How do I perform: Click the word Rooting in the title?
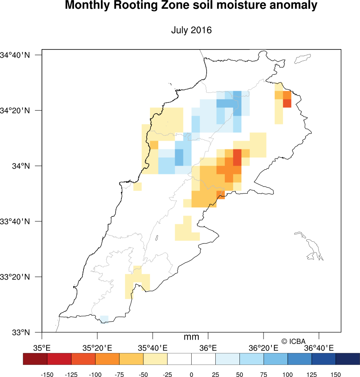[x=141, y=6]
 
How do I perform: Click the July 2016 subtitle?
[x=191, y=30]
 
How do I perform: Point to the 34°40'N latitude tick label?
[x=15, y=55]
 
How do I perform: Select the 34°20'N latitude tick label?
[x=15, y=111]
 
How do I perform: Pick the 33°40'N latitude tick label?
[x=15, y=221]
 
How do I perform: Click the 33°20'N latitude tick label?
[x=15, y=277]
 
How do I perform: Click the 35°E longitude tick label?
[x=42, y=347]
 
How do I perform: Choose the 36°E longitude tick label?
[x=208, y=347]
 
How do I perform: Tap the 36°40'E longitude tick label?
[x=319, y=347]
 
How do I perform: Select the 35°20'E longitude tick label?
[x=98, y=347]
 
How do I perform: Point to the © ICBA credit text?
[x=293, y=341]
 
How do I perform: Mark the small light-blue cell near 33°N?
[x=104, y=319]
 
